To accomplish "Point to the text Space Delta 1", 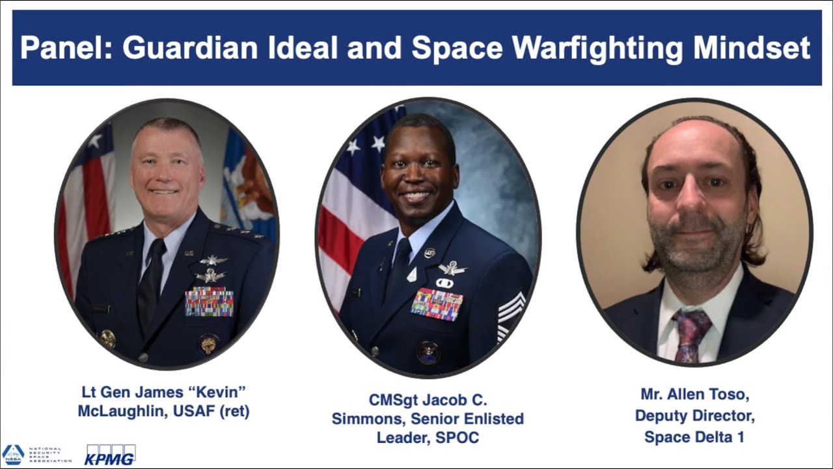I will click(694, 436).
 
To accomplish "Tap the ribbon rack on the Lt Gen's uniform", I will click(209, 302).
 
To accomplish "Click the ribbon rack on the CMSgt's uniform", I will click(437, 304).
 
